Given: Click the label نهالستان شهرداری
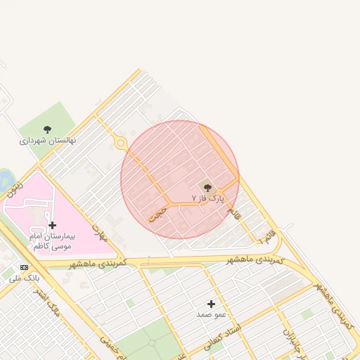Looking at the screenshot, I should tap(48, 141).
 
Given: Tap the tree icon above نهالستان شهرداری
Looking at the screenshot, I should tap(47, 129).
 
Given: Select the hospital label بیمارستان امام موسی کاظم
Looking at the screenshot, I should tap(51, 240).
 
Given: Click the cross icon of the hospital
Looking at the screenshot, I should tap(52, 225).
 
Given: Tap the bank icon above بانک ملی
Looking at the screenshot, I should tap(25, 267).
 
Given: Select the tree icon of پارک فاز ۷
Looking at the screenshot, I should tap(207, 187).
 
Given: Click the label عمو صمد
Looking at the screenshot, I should tap(211, 314).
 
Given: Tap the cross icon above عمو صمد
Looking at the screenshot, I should tap(211, 304).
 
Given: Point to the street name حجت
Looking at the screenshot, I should tap(158, 214).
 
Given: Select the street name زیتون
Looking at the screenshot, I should tap(15, 188).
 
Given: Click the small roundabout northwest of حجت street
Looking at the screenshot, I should tap(121, 143).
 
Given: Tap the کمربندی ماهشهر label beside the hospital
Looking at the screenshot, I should tap(98, 262).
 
